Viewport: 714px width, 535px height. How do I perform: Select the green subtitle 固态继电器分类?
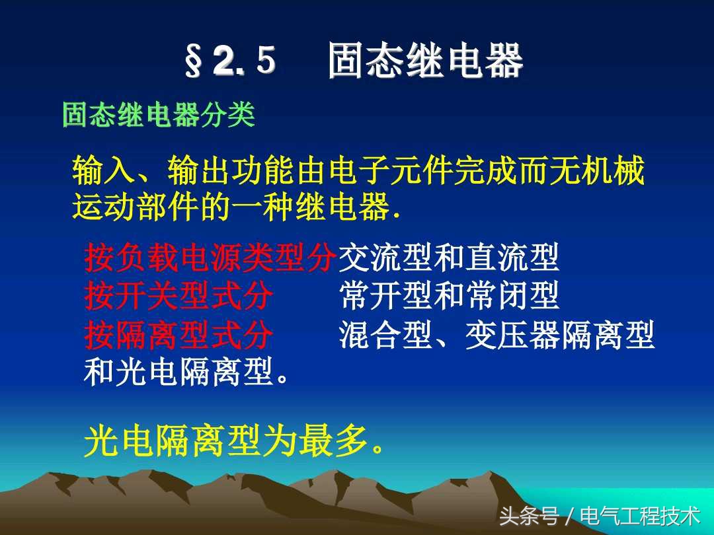158,116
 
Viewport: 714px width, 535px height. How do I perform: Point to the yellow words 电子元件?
391,174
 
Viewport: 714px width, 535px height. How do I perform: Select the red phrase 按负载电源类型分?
210,258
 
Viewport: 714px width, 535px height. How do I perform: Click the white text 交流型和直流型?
449,258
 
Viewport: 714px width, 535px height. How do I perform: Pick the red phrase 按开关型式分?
178,296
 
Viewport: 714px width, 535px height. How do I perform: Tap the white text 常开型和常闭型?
449,296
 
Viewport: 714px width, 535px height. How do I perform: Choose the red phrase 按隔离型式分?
178,335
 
